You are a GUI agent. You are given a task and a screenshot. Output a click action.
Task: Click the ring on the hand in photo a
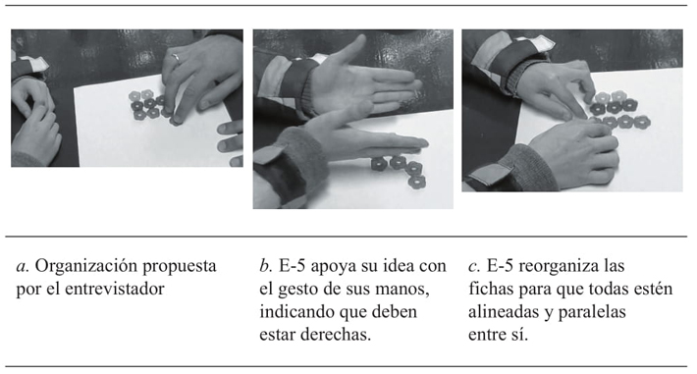tap(176, 57)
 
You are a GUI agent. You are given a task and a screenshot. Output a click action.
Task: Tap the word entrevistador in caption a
tap(115, 289)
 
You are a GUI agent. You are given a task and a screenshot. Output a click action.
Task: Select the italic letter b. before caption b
tap(266, 266)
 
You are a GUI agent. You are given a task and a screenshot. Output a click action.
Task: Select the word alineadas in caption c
tap(504, 312)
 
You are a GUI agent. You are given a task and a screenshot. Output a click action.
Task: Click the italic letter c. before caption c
tap(474, 266)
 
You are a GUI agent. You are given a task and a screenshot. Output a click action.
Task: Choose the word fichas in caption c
tap(489, 289)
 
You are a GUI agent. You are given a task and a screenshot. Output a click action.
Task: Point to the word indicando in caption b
tap(296, 312)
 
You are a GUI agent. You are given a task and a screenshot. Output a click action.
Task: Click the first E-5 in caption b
tap(293, 266)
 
